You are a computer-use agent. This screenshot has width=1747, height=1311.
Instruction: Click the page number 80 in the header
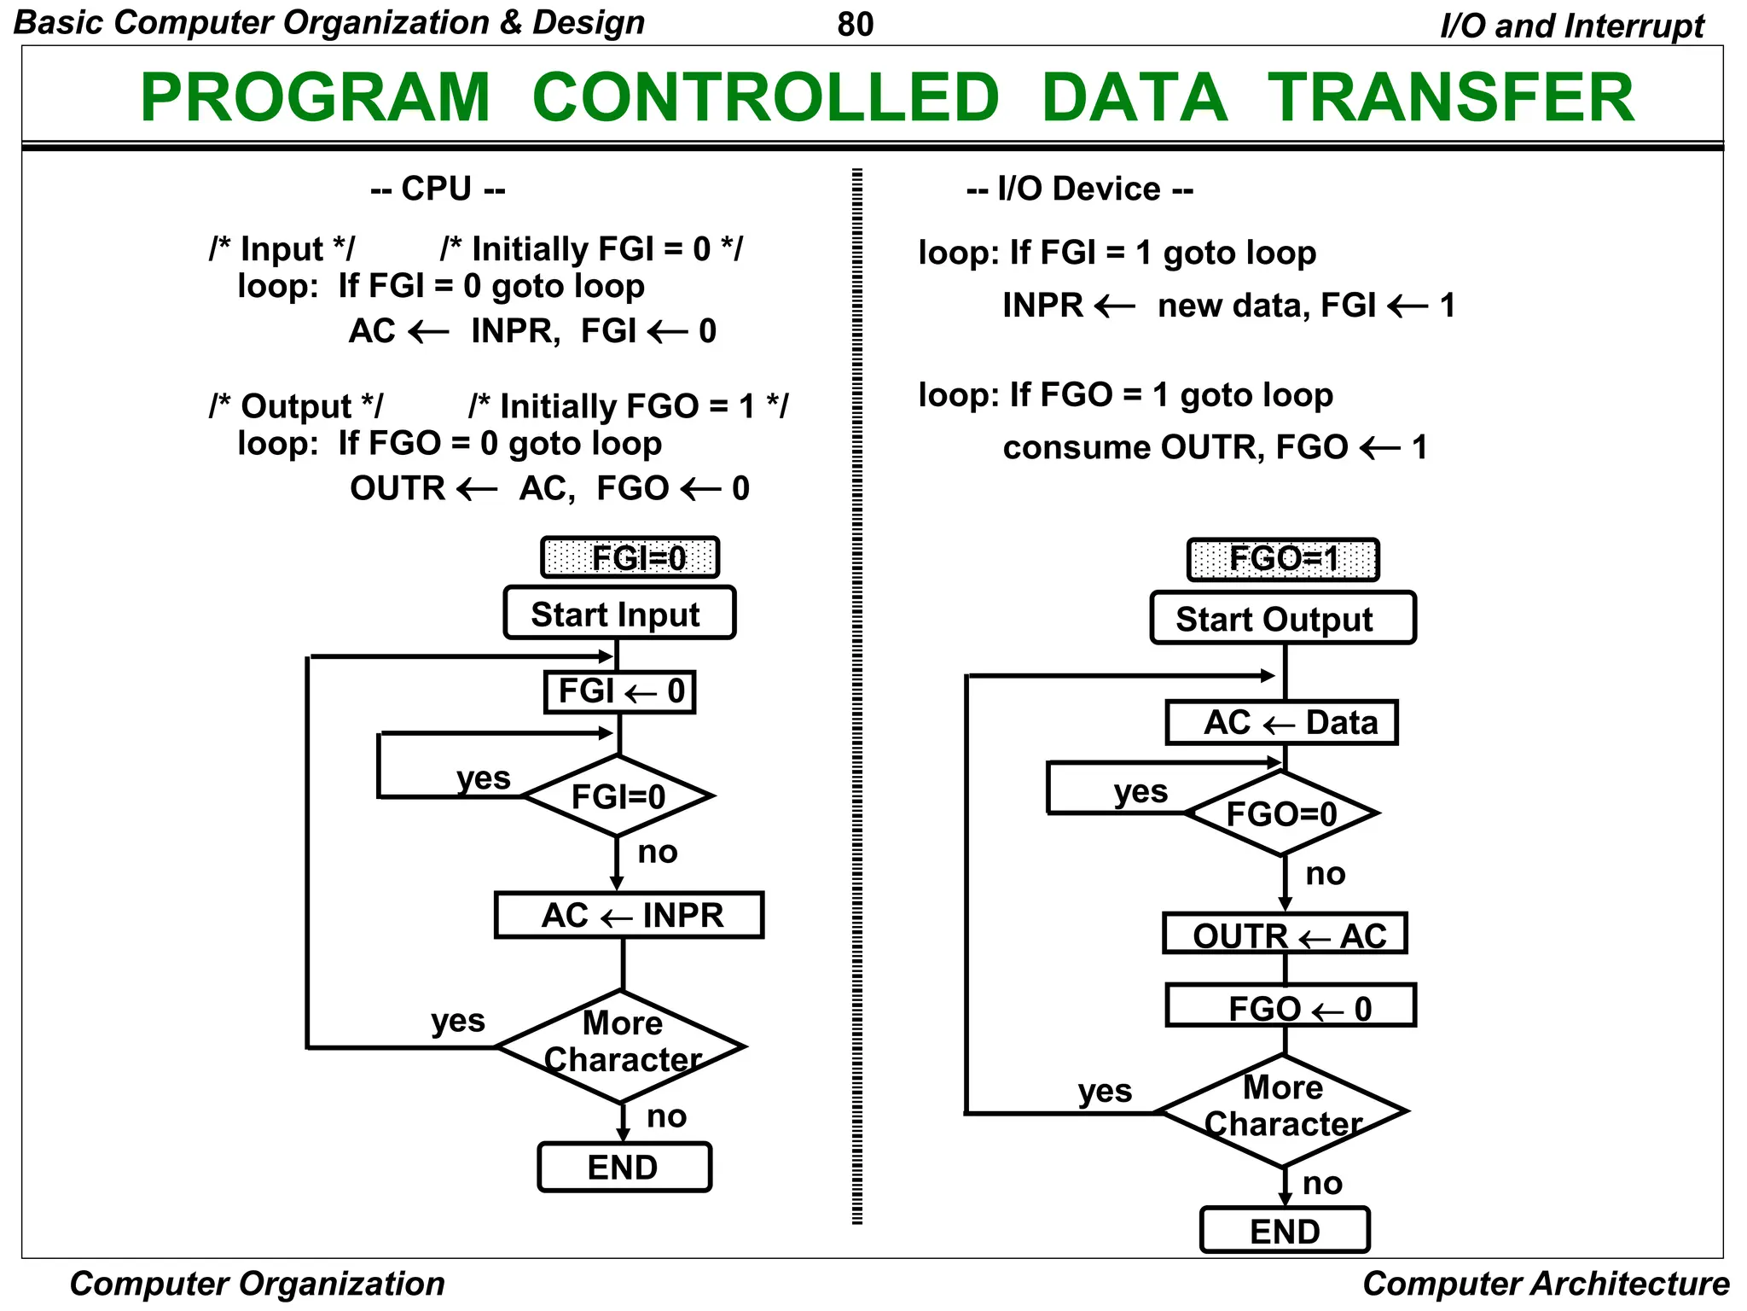point(855,25)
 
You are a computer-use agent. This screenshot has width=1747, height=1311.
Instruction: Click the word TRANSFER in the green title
point(1450,97)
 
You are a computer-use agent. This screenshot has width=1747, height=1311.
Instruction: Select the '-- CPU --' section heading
point(438,189)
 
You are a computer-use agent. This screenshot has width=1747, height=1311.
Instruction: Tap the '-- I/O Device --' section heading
point(1079,189)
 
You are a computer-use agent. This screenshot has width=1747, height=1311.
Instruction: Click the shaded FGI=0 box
point(630,558)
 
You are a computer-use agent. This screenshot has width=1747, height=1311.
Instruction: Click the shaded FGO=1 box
point(1283,560)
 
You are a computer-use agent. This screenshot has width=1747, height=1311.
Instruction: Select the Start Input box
point(618,614)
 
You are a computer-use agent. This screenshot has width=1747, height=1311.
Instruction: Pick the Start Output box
point(1282,619)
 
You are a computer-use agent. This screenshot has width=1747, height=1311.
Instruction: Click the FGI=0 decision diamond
point(618,796)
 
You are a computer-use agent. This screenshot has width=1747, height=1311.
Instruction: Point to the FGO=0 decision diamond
point(1281,813)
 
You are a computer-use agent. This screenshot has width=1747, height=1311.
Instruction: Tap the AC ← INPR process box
point(630,915)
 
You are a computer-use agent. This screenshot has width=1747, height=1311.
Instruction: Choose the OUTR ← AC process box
point(1285,935)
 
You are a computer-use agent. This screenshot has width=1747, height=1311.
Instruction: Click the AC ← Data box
point(1281,723)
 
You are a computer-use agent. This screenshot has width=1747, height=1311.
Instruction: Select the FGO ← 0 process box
point(1291,1007)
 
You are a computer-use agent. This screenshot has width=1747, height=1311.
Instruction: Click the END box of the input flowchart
point(624,1167)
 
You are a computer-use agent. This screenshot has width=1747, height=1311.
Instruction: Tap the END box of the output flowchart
point(1285,1231)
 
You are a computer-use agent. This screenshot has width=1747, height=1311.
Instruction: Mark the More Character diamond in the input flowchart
point(622,1046)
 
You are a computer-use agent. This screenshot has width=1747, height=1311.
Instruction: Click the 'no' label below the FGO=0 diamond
point(1325,874)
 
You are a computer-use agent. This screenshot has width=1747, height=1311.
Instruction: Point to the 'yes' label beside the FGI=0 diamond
point(483,778)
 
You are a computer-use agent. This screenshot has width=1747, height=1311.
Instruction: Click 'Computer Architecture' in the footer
point(1545,1284)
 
